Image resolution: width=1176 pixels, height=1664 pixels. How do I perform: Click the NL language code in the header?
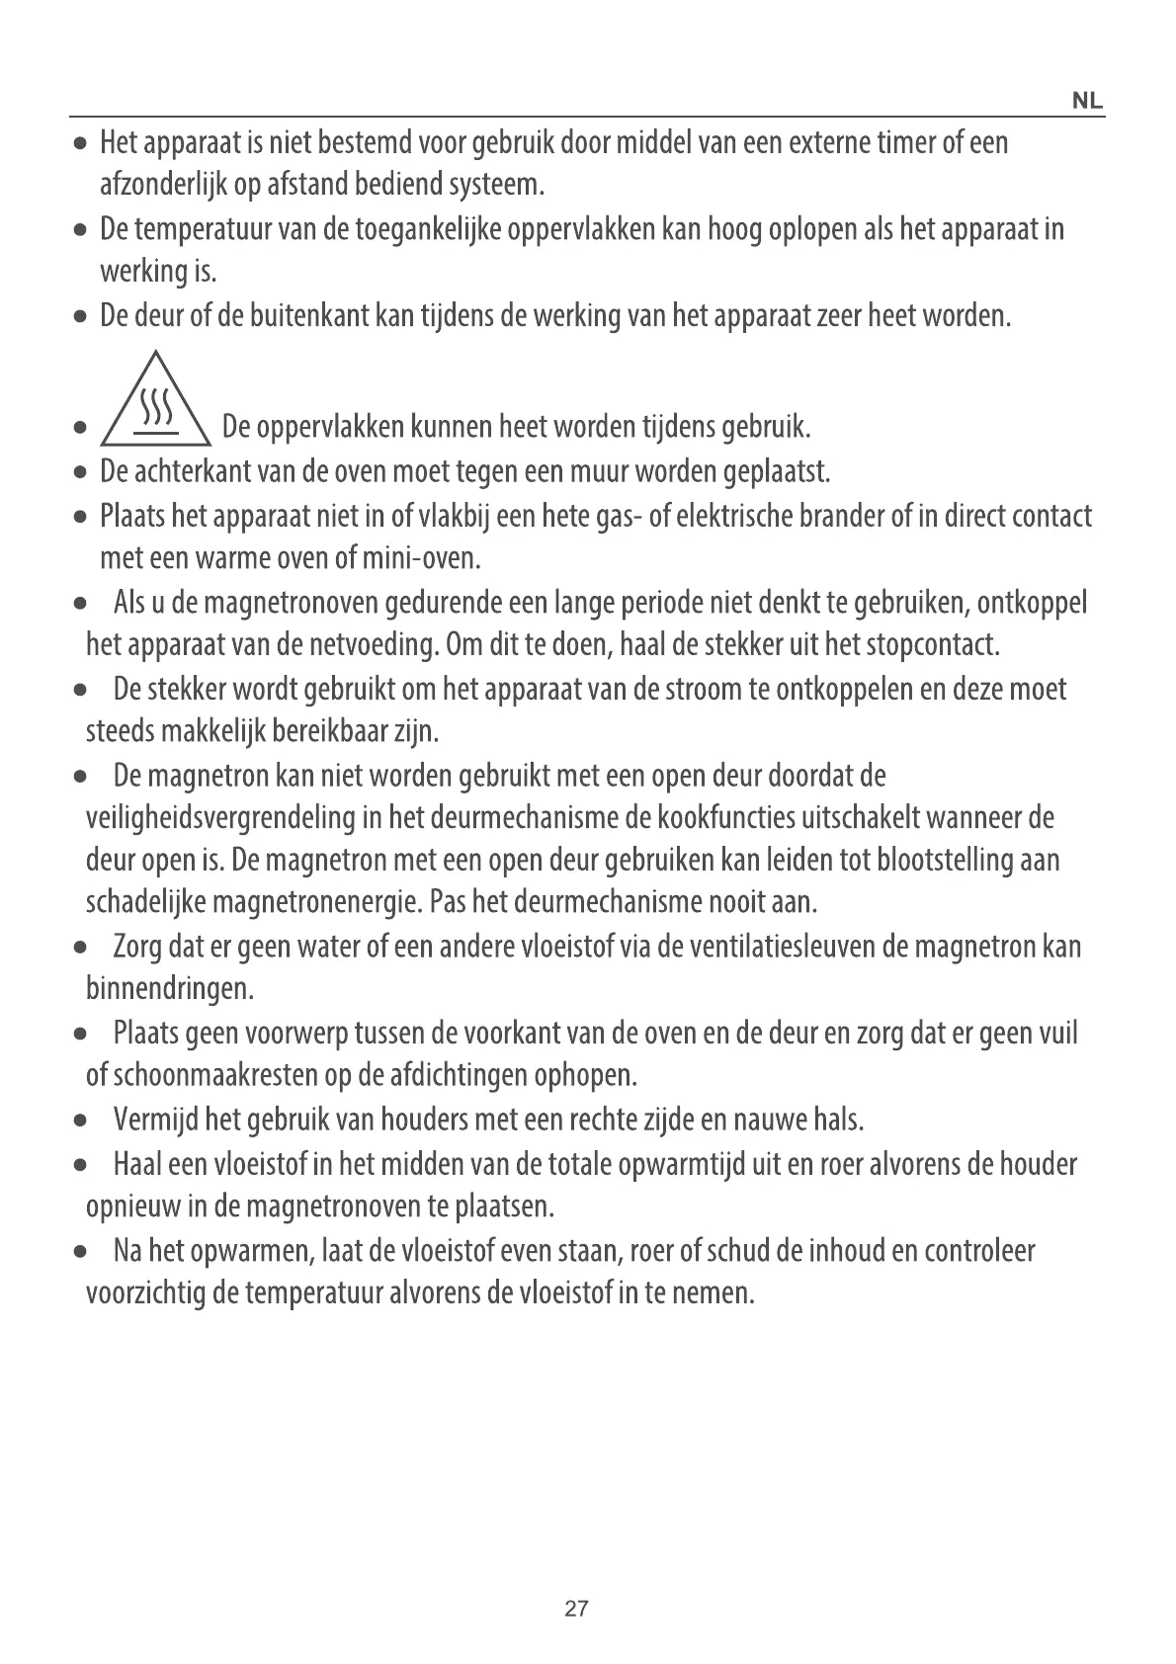click(x=1087, y=102)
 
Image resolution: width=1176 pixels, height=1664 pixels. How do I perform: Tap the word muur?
click(x=603, y=471)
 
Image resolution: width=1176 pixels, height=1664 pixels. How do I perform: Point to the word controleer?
click(x=979, y=1251)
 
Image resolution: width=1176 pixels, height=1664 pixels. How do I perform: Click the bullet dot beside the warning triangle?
click(x=79, y=430)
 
